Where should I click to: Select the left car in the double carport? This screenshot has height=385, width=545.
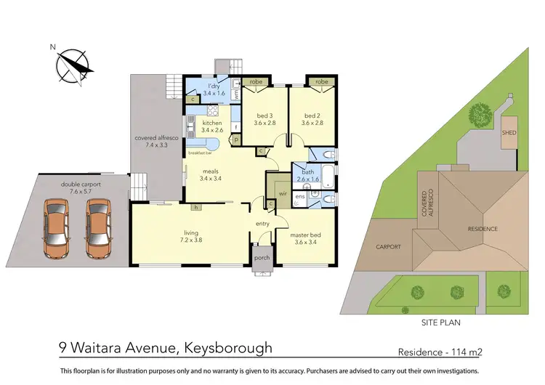[x=57, y=227]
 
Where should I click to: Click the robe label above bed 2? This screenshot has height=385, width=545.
[x=321, y=82]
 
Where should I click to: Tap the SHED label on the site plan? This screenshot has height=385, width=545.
[x=508, y=132]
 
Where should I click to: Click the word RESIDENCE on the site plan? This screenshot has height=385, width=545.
[x=483, y=229]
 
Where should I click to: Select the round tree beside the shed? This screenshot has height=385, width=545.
[x=479, y=114]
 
